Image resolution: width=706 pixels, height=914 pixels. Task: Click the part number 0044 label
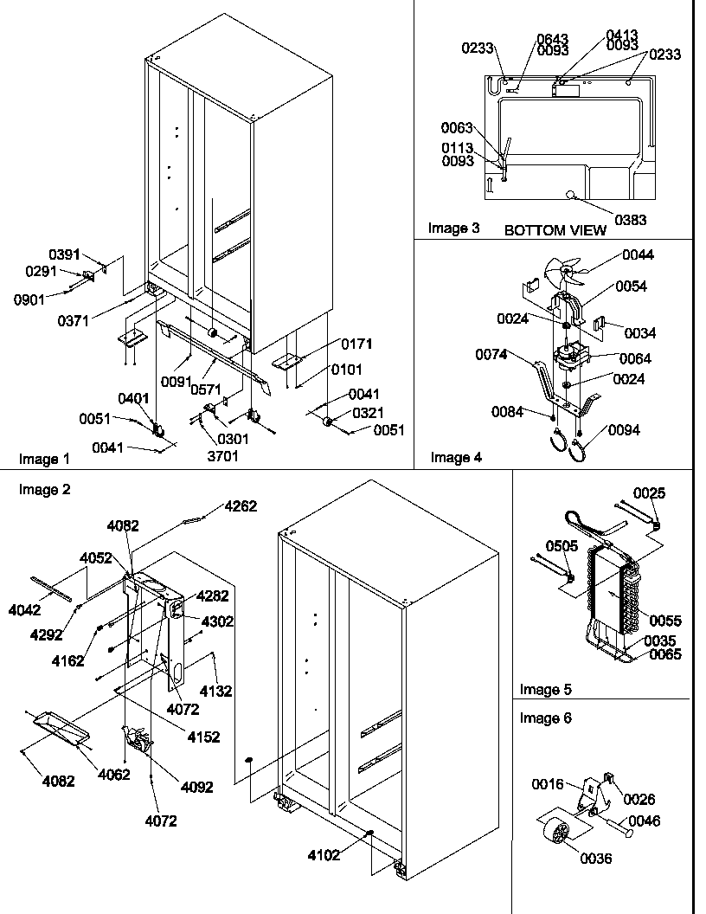point(638,254)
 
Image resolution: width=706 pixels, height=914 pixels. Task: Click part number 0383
point(631,221)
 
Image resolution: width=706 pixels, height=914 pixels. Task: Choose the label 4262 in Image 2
point(241,507)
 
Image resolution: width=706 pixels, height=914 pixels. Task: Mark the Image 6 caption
point(545,718)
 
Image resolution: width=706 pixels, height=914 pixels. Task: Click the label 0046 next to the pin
point(644,820)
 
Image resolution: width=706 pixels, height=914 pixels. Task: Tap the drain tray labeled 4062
point(61,727)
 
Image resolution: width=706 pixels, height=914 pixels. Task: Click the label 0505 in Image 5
point(561,546)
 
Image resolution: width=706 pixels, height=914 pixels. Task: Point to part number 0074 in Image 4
point(491,354)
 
